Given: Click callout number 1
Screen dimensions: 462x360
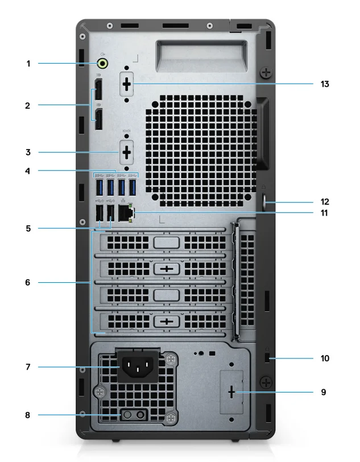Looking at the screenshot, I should (28, 64).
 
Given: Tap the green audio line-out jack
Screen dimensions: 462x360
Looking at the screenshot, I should (104, 64).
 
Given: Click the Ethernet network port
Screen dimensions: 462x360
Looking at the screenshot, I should (125, 213).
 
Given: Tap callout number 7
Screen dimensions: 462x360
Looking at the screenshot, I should (28, 368).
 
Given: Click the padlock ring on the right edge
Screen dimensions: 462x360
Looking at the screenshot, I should (269, 201).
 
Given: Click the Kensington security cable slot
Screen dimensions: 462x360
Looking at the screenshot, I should (269, 359).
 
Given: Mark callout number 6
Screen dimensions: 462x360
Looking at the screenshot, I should (28, 281).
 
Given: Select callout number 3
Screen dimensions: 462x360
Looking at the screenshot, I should (28, 152).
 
